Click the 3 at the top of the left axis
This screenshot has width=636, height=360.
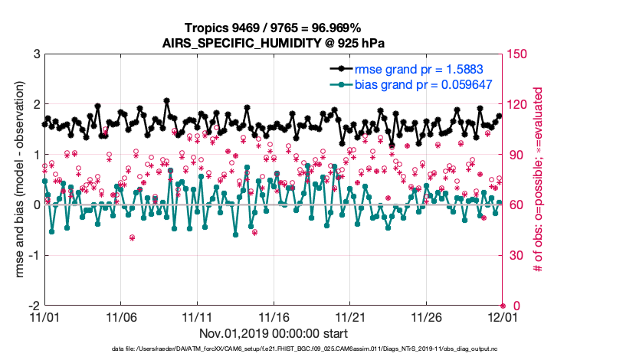tap(36, 54)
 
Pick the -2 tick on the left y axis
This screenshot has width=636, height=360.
tap(34, 306)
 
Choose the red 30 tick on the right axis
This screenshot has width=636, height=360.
tap(516, 255)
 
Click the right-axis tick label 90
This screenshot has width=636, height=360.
tap(516, 155)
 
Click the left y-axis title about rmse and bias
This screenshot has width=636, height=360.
tap(17, 179)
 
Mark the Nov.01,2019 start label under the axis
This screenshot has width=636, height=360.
tap(274, 333)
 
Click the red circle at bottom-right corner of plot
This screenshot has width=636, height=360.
tap(503, 306)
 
